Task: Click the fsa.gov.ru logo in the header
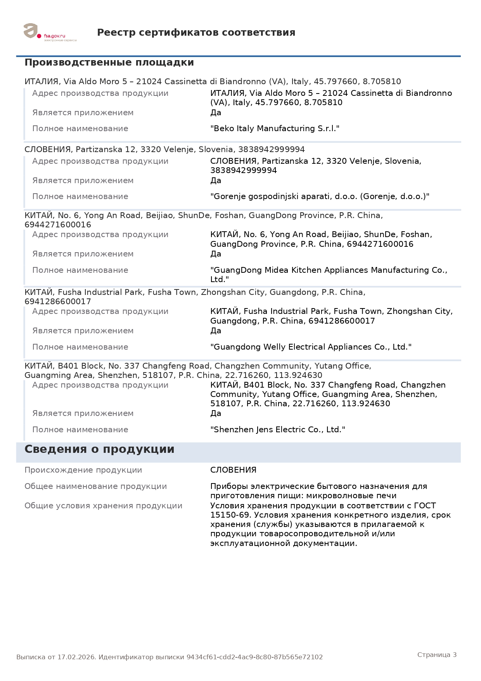[49, 33]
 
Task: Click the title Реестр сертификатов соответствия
[196, 33]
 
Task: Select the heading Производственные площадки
[109, 62]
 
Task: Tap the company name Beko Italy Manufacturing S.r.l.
[275, 128]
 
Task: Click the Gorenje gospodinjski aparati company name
[320, 196]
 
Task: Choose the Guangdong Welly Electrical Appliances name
[311, 347]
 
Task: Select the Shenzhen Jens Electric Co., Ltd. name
[277, 430]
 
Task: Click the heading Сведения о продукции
[99, 449]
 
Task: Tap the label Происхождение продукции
[83, 470]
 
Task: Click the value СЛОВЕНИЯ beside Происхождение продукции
[233, 470]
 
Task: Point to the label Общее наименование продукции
[95, 486]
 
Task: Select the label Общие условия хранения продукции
[103, 506]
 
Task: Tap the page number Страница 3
[437, 655]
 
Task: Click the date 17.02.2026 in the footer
[76, 657]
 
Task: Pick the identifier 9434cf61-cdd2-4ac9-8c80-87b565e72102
[254, 657]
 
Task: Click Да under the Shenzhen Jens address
[216, 413]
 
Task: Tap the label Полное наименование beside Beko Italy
[80, 128]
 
